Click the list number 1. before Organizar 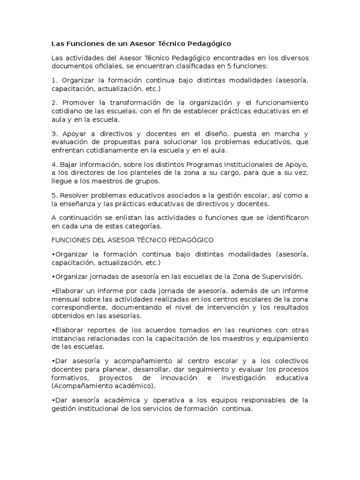[54, 80]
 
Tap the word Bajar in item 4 [68, 164]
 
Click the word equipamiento [285, 338]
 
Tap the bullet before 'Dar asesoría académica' [53, 400]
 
